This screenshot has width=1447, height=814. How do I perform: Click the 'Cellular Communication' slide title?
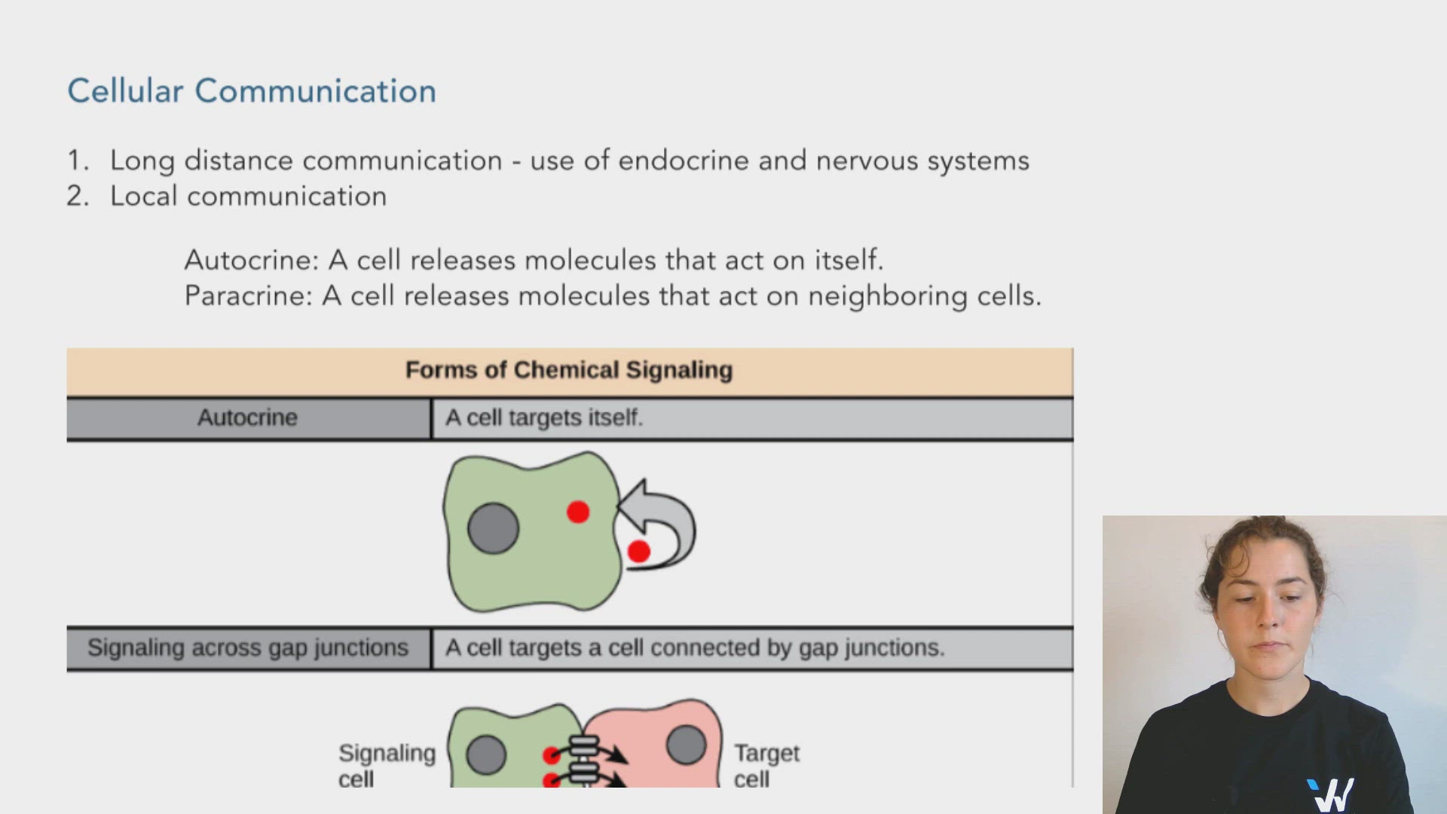click(x=252, y=91)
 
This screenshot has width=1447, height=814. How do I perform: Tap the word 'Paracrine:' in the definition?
click(x=248, y=295)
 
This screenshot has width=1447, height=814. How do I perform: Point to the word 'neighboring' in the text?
click(x=887, y=296)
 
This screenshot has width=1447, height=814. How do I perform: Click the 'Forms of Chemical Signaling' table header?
click(x=569, y=370)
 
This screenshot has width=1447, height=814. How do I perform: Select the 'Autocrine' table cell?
click(x=247, y=418)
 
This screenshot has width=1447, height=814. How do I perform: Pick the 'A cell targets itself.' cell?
click(x=543, y=418)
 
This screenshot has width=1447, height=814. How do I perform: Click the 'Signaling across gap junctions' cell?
click(x=247, y=648)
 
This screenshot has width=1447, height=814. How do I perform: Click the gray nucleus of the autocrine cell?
click(x=493, y=528)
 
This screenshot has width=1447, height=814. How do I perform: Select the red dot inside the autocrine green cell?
click(x=578, y=513)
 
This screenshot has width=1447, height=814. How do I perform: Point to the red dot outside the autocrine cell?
click(x=638, y=552)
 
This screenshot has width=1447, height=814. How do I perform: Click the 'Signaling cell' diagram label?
click(x=387, y=764)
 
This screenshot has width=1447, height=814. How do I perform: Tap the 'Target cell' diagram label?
click(x=766, y=764)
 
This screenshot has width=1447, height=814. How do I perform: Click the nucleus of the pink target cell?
click(x=686, y=745)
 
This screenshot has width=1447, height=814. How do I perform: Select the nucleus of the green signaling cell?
click(x=486, y=755)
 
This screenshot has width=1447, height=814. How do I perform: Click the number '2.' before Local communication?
click(x=78, y=196)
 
